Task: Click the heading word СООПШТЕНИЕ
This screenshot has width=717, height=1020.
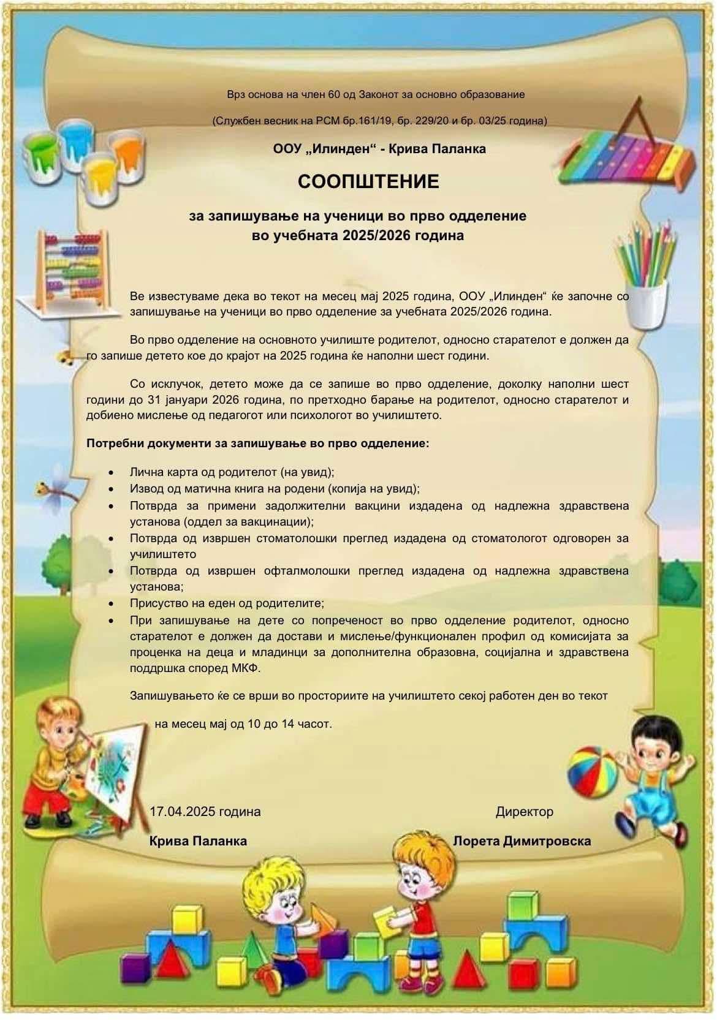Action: (x=369, y=182)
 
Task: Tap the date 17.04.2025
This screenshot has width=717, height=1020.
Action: (x=183, y=812)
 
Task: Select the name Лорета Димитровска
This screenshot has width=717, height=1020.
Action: (x=522, y=841)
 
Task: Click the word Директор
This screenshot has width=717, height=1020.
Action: (x=524, y=812)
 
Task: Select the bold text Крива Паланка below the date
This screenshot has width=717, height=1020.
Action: (x=198, y=841)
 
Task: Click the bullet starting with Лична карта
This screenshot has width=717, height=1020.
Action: (x=232, y=472)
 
